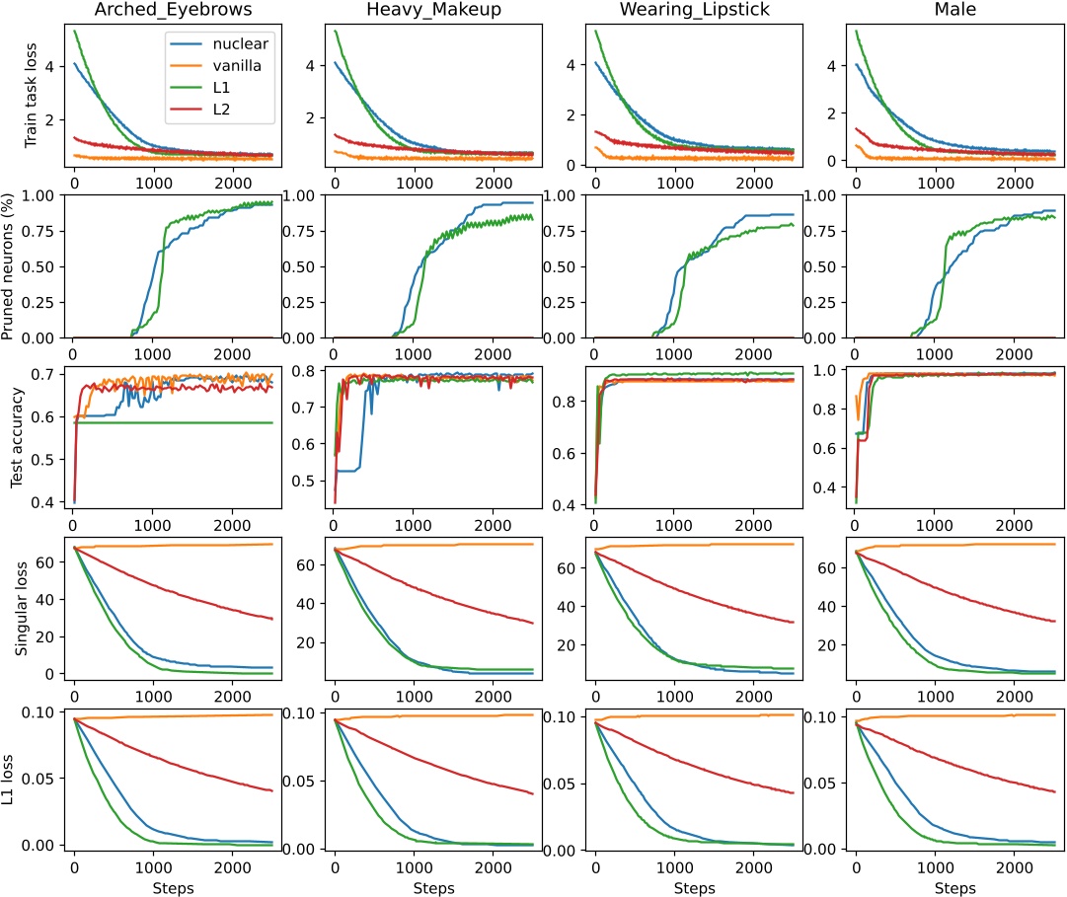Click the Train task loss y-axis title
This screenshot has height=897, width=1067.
[x=30, y=96]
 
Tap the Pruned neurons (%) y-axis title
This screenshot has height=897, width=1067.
[x=11, y=265]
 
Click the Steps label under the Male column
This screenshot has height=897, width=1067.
[x=956, y=887]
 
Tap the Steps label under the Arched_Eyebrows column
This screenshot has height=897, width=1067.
[x=175, y=887]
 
